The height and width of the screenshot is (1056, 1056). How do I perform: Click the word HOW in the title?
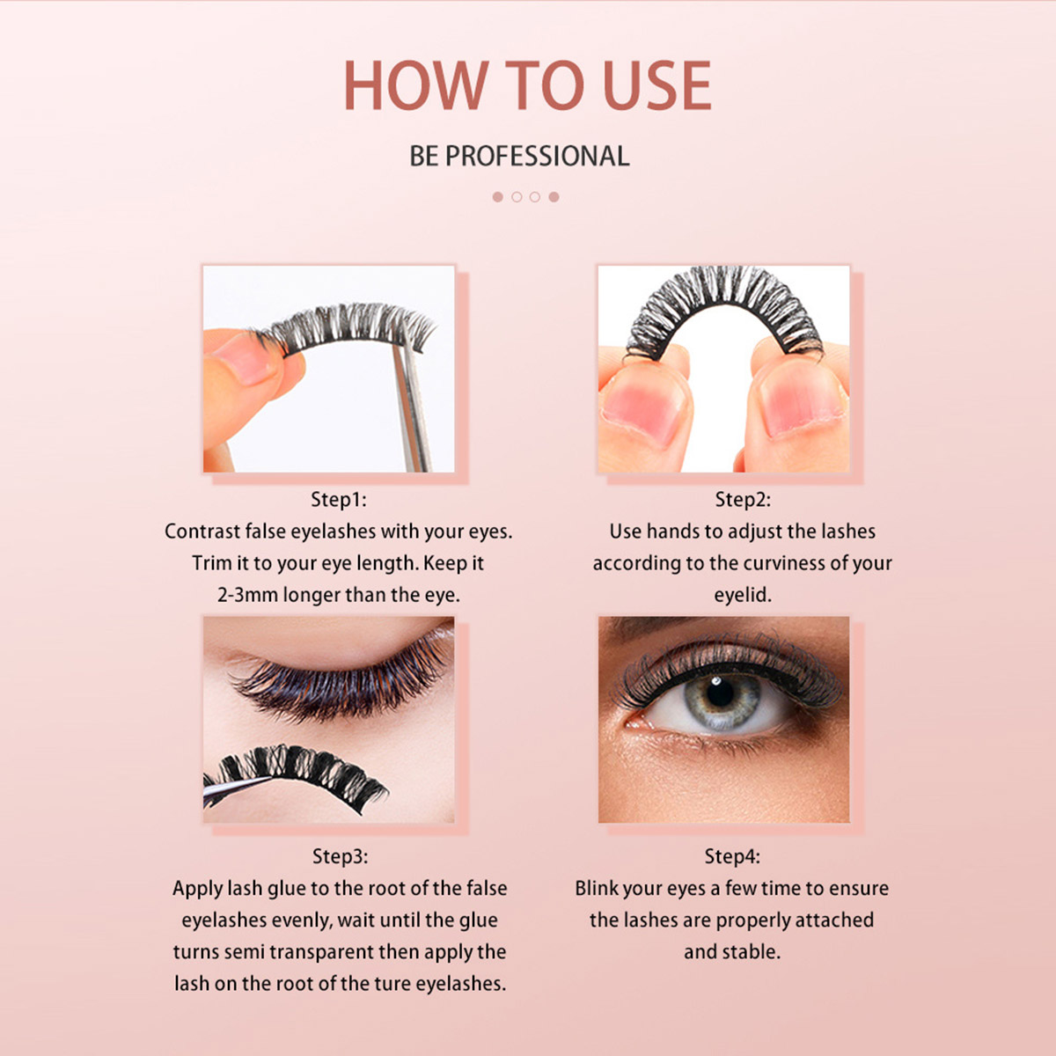point(414,86)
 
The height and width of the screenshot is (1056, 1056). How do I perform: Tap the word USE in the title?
point(656,86)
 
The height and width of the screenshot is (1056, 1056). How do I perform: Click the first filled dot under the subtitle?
point(498,197)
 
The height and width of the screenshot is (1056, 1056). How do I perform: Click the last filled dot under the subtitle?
point(554,197)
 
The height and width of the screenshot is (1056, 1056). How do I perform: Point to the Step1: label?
point(339,500)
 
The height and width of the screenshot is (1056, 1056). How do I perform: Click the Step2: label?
point(742,500)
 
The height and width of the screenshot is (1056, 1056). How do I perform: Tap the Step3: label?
point(340,856)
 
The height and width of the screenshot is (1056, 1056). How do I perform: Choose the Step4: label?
point(732,856)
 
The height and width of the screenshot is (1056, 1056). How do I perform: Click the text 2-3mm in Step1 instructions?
point(247,595)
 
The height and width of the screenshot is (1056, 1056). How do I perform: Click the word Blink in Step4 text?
point(598,889)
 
